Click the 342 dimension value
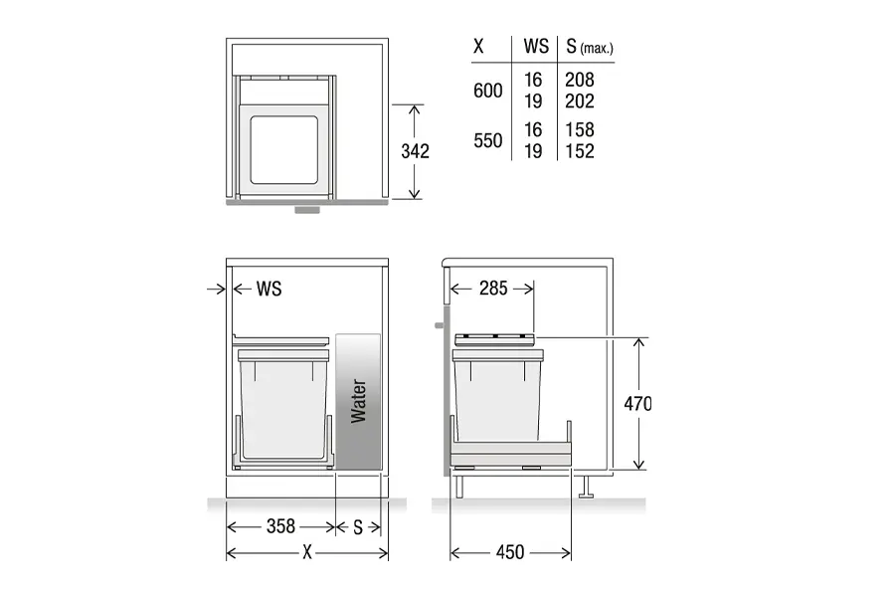[415, 151]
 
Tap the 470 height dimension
[637, 404]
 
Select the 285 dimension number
[493, 289]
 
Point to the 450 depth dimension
[510, 552]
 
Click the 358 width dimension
[280, 526]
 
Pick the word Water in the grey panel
[358, 401]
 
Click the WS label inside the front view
[268, 290]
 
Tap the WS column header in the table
[536, 47]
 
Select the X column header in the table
[478, 47]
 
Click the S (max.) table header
[590, 47]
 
